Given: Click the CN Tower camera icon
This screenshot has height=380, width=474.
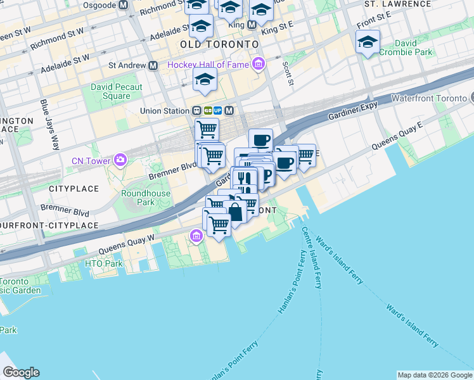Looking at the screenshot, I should click(118, 160).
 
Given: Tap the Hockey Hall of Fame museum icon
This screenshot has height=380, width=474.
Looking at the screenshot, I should click(258, 65).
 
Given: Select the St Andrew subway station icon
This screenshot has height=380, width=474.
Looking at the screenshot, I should click(153, 65).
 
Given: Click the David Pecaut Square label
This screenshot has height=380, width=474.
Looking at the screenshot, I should click(116, 92).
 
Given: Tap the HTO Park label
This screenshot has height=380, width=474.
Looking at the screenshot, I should click(104, 263).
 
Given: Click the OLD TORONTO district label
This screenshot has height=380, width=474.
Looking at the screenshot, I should click(219, 44).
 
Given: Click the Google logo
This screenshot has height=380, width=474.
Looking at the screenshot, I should click(21, 372).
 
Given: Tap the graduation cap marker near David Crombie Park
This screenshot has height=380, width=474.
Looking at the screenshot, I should click(368, 42).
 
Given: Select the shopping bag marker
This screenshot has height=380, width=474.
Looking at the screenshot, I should click(235, 213).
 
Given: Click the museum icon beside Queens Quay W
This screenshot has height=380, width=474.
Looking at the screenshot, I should click(196, 237).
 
